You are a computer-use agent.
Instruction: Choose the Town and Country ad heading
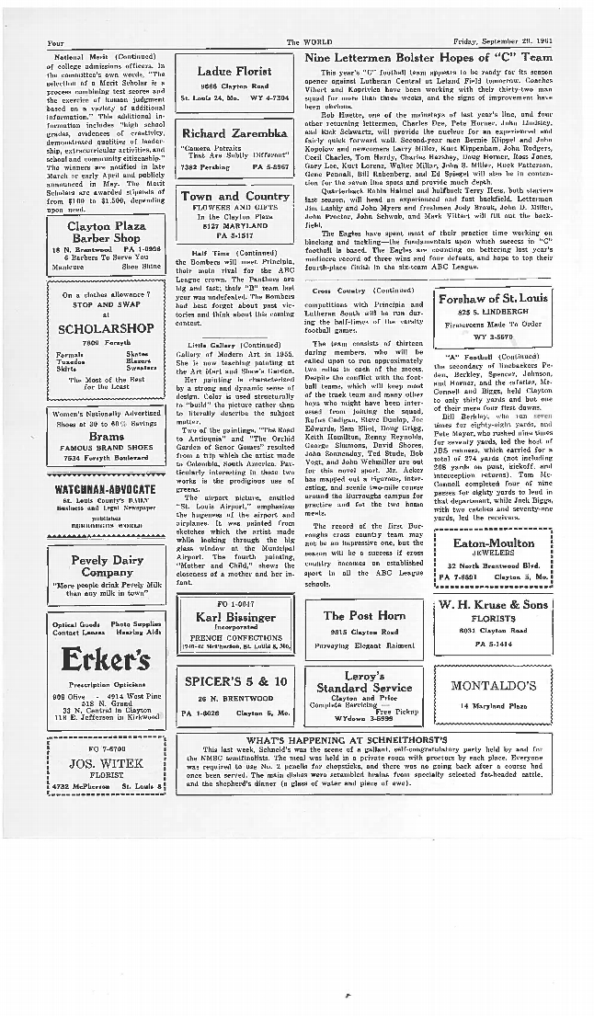(x=234, y=196)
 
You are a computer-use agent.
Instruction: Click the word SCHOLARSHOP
(x=104, y=328)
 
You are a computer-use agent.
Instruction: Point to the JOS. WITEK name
(x=104, y=763)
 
